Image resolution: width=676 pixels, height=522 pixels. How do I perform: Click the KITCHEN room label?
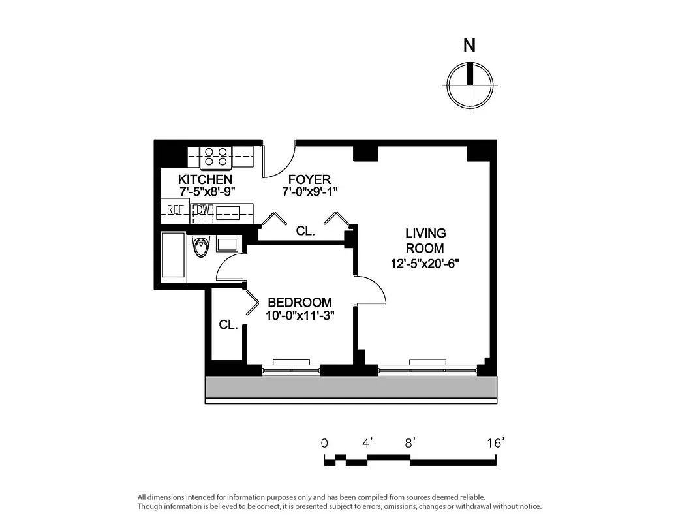(x=205, y=179)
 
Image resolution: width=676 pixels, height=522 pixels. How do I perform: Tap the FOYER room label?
(x=310, y=179)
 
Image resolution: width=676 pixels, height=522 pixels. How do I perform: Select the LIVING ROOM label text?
(x=425, y=240)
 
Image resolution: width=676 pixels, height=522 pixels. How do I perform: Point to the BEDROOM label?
(x=300, y=303)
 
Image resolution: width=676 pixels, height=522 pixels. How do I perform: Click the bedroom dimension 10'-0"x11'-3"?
(x=300, y=316)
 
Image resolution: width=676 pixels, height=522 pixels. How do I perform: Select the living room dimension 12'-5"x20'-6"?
(x=425, y=264)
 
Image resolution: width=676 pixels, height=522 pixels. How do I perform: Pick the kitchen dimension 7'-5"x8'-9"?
(x=207, y=192)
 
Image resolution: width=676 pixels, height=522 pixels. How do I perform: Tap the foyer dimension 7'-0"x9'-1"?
(x=310, y=192)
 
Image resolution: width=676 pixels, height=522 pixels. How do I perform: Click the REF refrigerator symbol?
(x=175, y=210)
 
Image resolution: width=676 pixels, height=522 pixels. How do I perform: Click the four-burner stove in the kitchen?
(x=215, y=157)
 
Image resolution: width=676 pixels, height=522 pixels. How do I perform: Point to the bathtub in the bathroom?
(x=174, y=256)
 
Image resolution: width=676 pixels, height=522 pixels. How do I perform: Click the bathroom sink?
(x=227, y=245)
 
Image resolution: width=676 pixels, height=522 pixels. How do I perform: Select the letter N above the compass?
(x=469, y=46)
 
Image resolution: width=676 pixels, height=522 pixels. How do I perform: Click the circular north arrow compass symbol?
(x=469, y=85)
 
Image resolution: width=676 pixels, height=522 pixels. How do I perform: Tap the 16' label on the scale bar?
(x=496, y=443)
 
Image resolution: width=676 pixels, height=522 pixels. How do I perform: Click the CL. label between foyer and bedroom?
(x=305, y=231)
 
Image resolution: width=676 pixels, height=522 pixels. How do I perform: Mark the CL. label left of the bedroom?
(x=228, y=324)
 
